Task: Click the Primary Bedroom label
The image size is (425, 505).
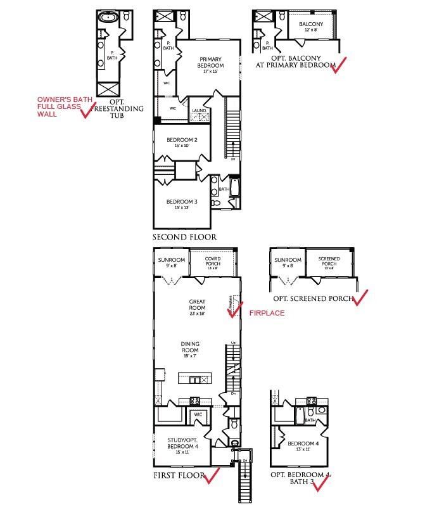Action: [209, 61]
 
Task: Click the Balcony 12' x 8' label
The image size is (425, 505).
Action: [311, 27]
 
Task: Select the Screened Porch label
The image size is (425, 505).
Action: [329, 261]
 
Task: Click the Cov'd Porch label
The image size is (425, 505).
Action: [212, 262]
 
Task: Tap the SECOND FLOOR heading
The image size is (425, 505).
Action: [184, 237]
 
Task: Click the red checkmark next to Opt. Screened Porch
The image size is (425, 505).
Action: [359, 298]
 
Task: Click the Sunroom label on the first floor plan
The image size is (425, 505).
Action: [172, 262]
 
